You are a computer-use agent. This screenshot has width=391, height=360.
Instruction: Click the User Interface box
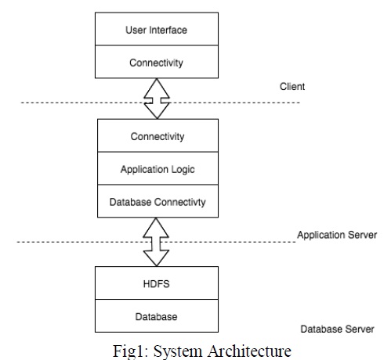[157, 29]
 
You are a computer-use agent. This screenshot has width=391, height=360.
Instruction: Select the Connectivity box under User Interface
[157, 62]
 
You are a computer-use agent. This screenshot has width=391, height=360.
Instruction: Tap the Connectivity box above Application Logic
[157, 135]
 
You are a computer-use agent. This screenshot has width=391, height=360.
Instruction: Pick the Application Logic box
[157, 168]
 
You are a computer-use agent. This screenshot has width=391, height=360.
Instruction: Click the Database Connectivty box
[157, 201]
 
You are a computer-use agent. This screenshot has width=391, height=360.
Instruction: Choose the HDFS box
[157, 283]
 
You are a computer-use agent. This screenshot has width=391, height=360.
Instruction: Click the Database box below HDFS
[157, 315]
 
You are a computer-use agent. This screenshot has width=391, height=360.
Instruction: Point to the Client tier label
[292, 86]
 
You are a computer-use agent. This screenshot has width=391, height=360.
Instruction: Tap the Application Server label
[337, 235]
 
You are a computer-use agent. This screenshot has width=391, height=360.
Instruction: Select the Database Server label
[337, 329]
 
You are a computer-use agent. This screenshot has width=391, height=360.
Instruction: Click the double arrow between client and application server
[157, 99]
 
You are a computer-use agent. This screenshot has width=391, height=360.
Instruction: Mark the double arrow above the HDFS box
[156, 242]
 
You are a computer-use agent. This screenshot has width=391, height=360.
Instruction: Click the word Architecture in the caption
[249, 351]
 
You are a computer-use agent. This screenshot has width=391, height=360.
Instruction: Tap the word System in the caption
[178, 351]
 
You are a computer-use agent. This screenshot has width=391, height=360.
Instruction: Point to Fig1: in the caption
[131, 351]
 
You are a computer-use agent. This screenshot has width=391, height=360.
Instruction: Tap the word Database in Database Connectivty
[130, 202]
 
